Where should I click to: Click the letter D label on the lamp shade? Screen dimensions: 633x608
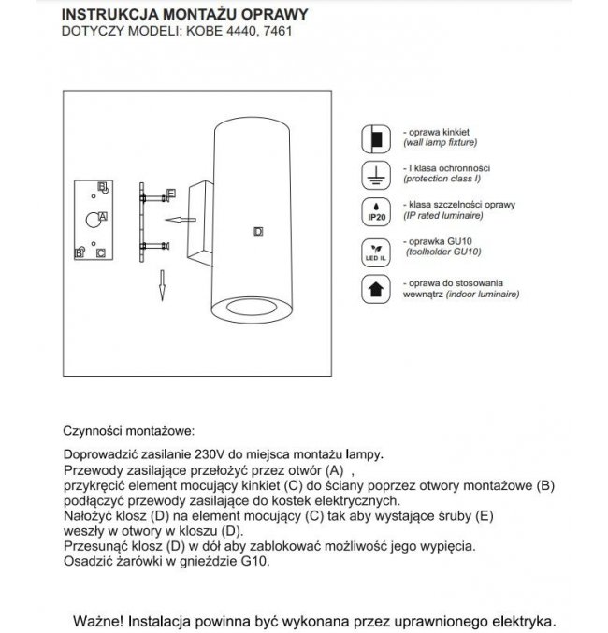pos(258,230)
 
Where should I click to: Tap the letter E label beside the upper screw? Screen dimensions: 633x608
pos(171,194)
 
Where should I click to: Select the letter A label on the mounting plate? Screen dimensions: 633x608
pos(102,216)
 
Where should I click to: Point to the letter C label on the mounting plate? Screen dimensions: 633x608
pos(100,252)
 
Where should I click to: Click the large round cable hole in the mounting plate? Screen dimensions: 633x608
pos(91,220)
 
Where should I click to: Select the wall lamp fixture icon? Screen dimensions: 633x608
pos(375,140)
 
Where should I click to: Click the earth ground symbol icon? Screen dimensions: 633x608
pos(375,176)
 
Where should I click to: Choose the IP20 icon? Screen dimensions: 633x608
pos(375,211)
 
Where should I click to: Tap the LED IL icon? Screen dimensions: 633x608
pos(375,250)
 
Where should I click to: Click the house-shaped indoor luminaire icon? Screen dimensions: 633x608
pos(375,287)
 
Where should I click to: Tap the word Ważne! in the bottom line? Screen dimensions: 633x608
pos(98,620)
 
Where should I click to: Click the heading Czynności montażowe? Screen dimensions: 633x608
pos(127,432)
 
